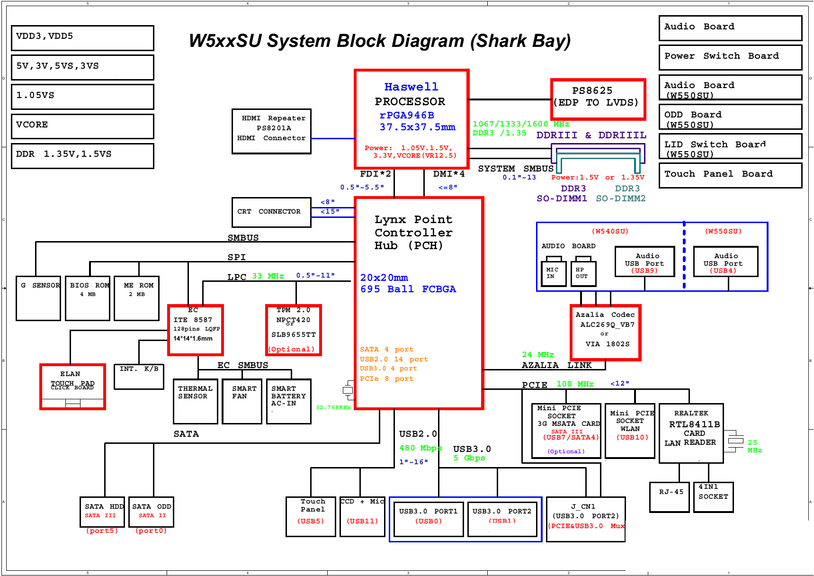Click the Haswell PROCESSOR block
[411, 119]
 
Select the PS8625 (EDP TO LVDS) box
[598, 99]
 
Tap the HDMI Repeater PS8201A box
[271, 131]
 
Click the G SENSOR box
[38, 298]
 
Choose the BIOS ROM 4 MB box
[88, 298]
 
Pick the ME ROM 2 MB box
[137, 298]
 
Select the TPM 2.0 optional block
[294, 330]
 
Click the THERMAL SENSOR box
[196, 401]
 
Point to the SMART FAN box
[242, 401]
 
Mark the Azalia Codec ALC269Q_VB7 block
[606, 332]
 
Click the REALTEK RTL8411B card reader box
[691, 433]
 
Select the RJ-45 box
[670, 497]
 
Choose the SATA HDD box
[103, 512]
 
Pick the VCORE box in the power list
[82, 126]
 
